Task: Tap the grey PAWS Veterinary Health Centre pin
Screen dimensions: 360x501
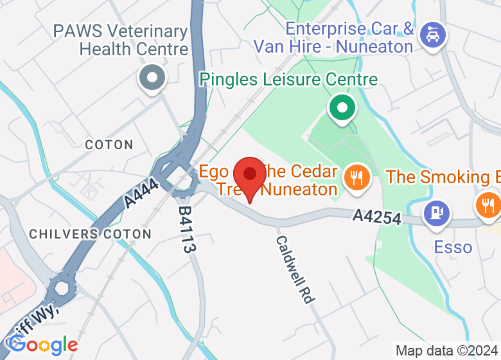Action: [x=152, y=79]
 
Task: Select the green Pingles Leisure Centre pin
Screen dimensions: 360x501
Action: [x=342, y=107]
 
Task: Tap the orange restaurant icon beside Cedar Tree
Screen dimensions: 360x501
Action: [x=355, y=176]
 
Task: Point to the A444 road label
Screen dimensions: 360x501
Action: [x=141, y=192]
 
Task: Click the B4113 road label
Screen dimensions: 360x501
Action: [x=186, y=230]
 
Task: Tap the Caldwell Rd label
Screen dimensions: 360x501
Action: [x=295, y=269]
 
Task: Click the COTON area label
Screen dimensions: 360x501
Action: [x=109, y=145]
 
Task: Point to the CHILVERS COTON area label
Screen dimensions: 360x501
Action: [x=91, y=234]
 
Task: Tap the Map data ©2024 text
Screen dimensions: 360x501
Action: [x=446, y=351]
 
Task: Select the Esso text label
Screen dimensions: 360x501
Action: [x=453, y=248]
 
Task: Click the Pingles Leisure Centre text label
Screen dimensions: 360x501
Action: [x=288, y=80]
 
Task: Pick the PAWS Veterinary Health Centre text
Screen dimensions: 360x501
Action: [x=121, y=40]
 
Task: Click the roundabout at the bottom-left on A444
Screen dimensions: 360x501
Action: [x=63, y=286]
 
